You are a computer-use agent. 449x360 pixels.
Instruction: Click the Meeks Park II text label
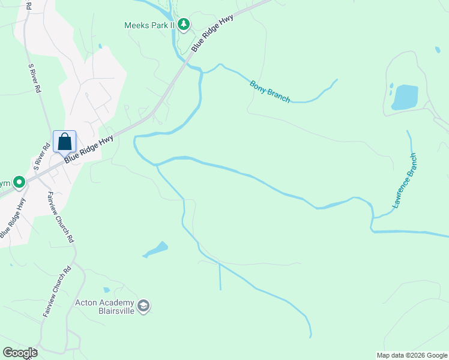pyautogui.click(x=149, y=25)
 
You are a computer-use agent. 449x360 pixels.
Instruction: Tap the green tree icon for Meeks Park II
pyautogui.click(x=184, y=25)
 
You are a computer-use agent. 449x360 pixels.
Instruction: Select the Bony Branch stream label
pyautogui.click(x=270, y=91)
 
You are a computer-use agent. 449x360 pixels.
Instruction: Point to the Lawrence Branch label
pyautogui.click(x=405, y=181)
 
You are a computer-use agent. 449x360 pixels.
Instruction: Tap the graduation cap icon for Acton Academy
pyautogui.click(x=143, y=307)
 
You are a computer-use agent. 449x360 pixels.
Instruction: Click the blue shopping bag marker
pyautogui.click(x=64, y=143)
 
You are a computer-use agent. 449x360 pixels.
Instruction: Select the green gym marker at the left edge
pyautogui.click(x=19, y=181)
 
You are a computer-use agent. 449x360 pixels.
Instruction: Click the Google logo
pyautogui.click(x=20, y=352)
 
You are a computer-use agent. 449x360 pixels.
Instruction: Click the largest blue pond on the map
pyautogui.click(x=405, y=97)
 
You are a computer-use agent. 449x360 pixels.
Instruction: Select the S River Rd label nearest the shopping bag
pyautogui.click(x=41, y=157)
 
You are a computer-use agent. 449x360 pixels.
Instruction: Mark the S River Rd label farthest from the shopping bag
pyautogui.click(x=34, y=78)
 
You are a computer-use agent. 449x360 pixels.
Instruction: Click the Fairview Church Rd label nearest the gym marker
pyautogui.click(x=61, y=217)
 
